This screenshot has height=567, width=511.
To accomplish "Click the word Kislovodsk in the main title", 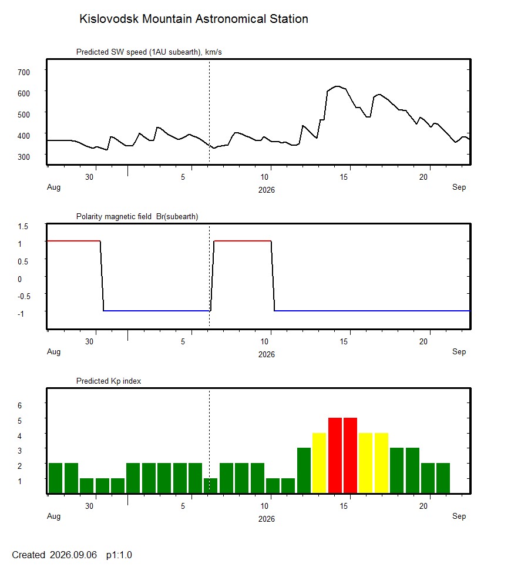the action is click(x=109, y=19).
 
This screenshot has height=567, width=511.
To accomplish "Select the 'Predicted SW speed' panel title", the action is click(x=149, y=52).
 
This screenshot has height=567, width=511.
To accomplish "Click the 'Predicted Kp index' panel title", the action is click(x=109, y=381).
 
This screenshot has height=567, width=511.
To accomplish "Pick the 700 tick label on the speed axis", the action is click(x=24, y=72).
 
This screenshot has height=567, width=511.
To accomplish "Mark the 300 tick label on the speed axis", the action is click(x=24, y=157).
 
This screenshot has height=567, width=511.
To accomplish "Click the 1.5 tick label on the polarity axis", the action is click(x=23, y=226).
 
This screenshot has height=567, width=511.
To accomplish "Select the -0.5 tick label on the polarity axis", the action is click(x=24, y=297).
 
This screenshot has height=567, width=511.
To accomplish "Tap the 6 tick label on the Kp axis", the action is click(x=19, y=406).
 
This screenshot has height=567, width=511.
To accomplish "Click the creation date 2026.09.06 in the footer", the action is click(x=73, y=555).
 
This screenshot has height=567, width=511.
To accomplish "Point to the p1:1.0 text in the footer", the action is click(x=119, y=555).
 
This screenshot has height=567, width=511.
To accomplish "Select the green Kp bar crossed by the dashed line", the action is click(x=211, y=486).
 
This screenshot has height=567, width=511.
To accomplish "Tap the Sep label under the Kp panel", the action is click(x=459, y=516).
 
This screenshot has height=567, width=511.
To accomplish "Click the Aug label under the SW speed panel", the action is click(x=54, y=187).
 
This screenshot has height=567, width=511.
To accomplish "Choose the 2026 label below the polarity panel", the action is click(x=266, y=355).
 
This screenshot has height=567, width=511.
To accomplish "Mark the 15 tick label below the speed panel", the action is click(x=344, y=177).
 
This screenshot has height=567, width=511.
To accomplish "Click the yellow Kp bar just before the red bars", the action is click(x=319, y=463).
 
